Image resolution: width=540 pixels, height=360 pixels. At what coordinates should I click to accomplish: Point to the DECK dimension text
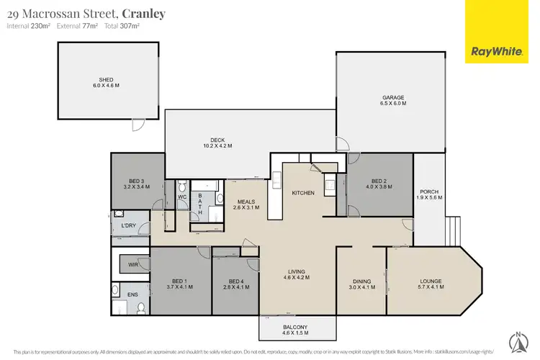(214, 146)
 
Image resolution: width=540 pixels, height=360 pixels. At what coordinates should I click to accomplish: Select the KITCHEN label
(302, 193)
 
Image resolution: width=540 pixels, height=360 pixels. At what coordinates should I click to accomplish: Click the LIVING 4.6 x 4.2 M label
(297, 276)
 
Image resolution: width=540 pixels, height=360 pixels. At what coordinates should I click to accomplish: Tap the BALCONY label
(296, 330)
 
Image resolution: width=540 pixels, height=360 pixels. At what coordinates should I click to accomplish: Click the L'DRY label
(129, 226)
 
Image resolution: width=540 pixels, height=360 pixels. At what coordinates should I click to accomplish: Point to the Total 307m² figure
(122, 26)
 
